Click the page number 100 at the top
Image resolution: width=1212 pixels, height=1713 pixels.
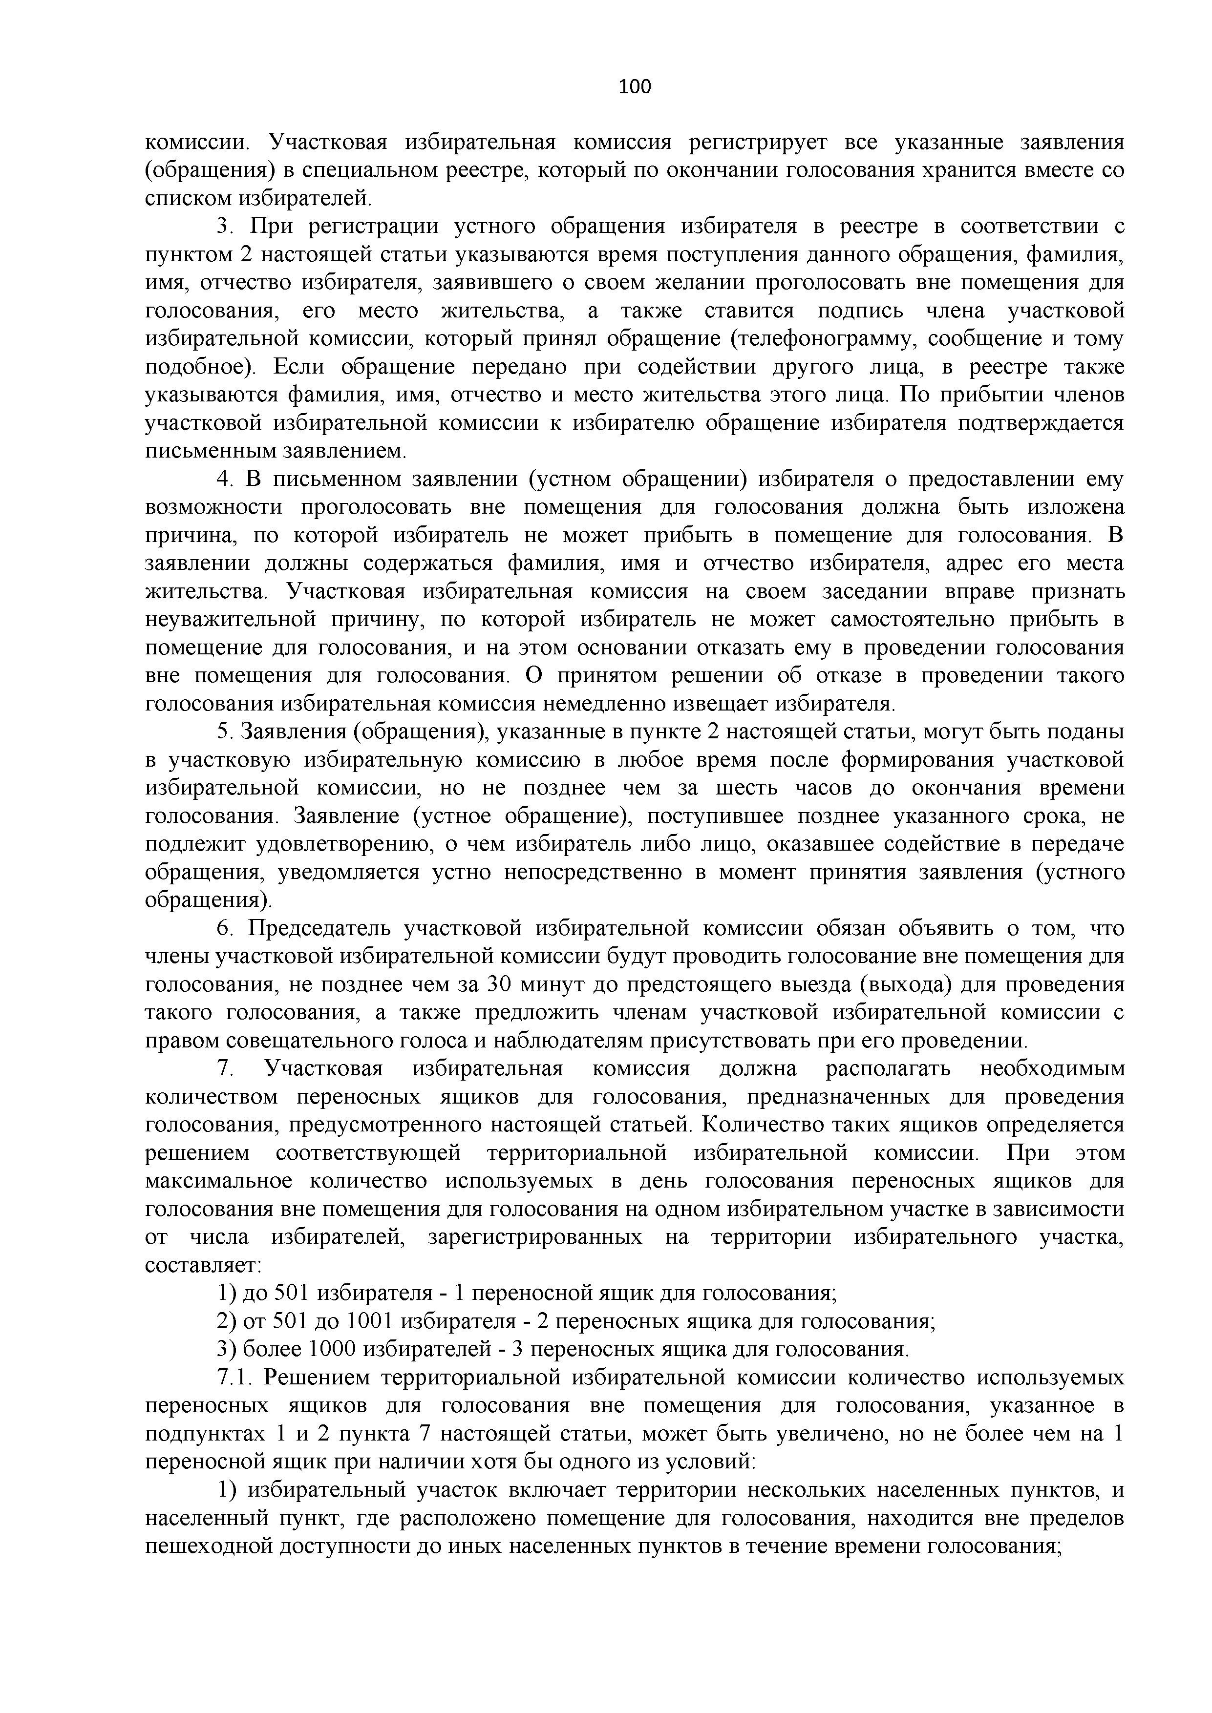(635, 86)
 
